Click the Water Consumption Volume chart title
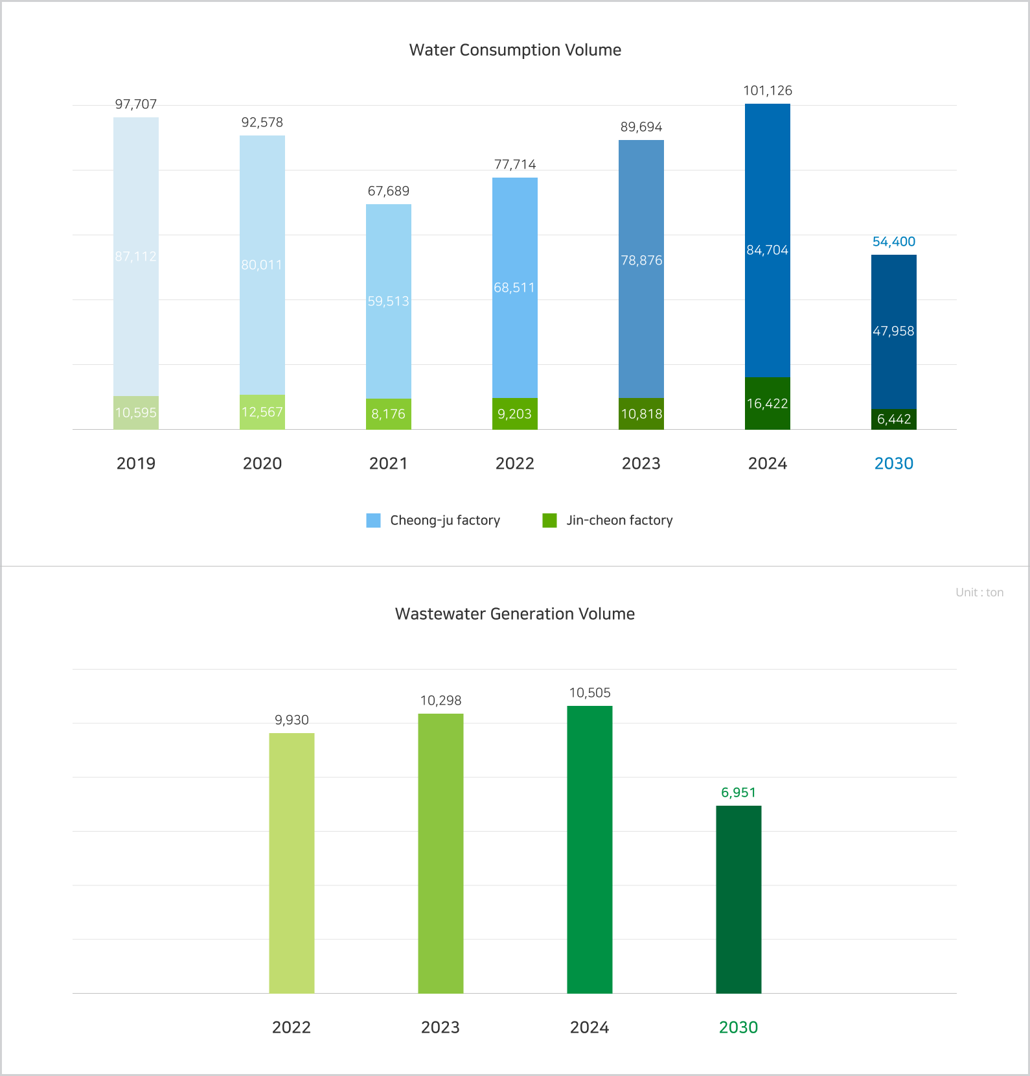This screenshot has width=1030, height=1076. coord(515,50)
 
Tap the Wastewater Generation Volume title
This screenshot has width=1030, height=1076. coord(515,614)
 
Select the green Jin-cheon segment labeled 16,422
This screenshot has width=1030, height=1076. coord(768,403)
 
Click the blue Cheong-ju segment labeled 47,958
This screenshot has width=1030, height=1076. coord(894,331)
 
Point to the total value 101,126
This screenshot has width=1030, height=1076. coord(768,91)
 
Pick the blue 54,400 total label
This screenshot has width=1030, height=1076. coord(894,242)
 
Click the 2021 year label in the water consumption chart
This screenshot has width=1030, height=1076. coord(389,463)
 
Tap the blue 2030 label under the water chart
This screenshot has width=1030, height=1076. coord(894,463)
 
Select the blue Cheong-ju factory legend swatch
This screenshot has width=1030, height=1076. coord(374,520)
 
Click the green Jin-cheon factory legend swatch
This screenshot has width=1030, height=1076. coord(550,520)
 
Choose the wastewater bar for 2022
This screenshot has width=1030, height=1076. coord(292,862)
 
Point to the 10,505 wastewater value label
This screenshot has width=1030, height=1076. coord(589,693)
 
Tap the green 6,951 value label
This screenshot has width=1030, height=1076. coord(738,793)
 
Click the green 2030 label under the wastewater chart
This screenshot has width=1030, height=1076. coord(738,1027)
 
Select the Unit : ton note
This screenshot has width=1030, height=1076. coord(979,592)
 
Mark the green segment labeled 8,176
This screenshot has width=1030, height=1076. coord(389,414)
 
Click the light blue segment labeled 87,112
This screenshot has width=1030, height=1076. coord(136,257)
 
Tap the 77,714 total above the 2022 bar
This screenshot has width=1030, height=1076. coord(515,165)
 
